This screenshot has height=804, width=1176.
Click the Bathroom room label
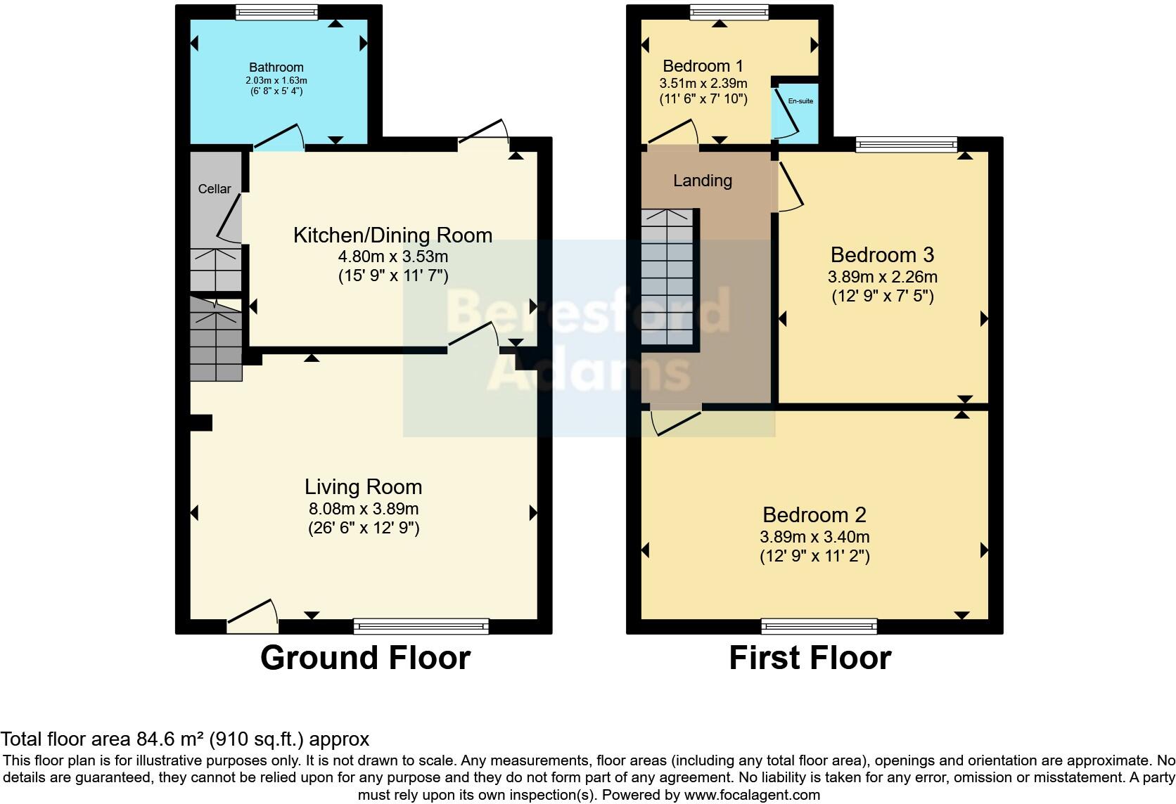coord(276,67)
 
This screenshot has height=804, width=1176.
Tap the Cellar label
coord(215,189)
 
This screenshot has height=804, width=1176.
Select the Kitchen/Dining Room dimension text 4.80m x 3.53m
coord(392,257)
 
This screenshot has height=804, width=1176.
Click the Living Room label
coord(363,487)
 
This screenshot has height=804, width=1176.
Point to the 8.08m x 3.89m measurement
coord(363,508)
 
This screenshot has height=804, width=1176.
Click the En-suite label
coord(800,101)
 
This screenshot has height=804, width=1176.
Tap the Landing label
coord(703,181)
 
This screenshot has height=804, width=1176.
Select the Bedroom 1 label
coord(703,66)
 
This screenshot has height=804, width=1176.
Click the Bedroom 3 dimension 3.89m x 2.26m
coord(882,277)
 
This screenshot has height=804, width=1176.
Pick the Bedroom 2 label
coord(814,515)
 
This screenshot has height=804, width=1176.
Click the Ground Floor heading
coord(365,659)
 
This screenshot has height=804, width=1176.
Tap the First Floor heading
coord(810,659)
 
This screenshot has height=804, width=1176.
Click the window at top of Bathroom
coord(276,12)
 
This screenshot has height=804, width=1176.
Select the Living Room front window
coord(421,625)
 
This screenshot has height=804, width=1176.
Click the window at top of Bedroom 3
coord(906,145)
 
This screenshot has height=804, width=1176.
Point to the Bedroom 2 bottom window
coord(819,625)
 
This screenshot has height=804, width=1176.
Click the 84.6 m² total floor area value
coord(170,739)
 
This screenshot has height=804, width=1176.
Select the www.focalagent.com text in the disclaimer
coord(751,796)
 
